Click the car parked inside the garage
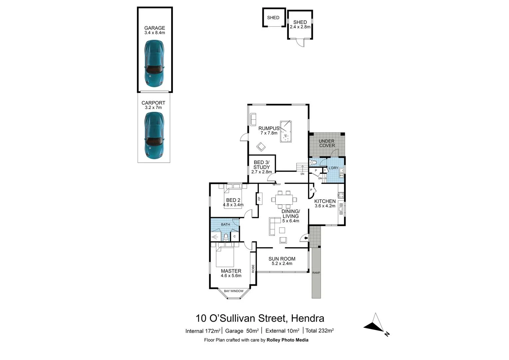[154, 63]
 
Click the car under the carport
[154, 135]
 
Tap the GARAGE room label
[155, 28]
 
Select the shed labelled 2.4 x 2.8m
[300, 25]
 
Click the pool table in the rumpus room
[285, 132]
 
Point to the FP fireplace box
[258, 199]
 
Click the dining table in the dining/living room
[284, 199]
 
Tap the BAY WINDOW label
[234, 291]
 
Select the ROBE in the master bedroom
[253, 269]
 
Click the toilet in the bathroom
[226, 237]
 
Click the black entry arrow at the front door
[305, 238]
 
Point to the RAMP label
[316, 273]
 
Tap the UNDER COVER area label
[327, 143]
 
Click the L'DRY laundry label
[333, 168]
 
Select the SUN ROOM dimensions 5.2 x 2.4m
[282, 264]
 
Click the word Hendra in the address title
[307, 318]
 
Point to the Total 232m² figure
[319, 331]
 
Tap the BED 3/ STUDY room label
[261, 165]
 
